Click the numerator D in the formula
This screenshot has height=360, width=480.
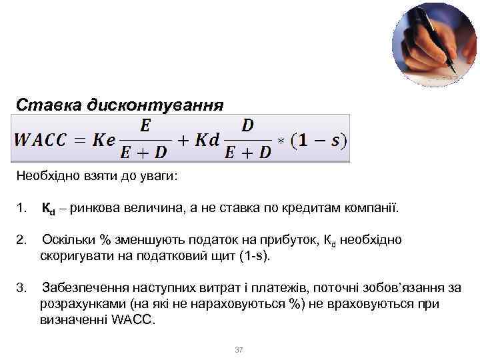247,125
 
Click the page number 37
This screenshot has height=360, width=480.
239,350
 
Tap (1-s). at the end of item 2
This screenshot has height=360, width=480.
259,256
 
